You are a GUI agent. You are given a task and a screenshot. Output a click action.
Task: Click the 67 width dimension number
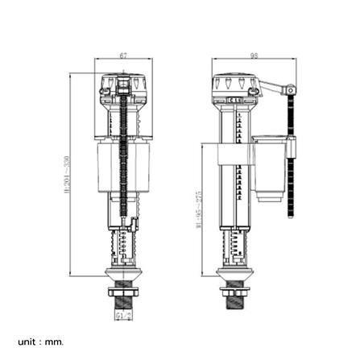[122, 56]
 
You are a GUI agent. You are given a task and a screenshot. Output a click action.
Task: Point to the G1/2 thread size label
[123, 317]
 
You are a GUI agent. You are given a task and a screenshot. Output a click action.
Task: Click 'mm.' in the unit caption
[54, 341]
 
